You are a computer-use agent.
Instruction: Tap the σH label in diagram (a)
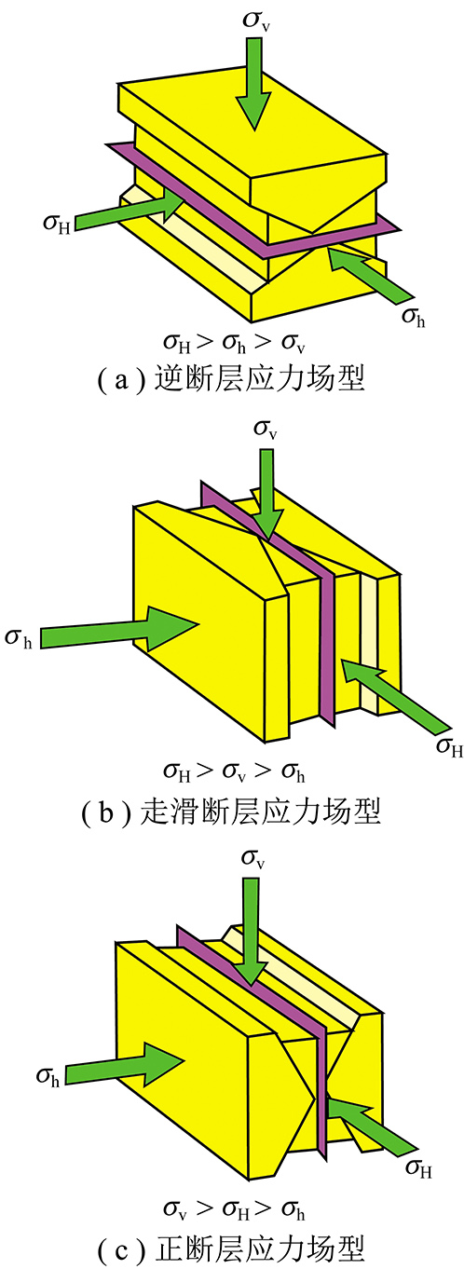[57, 224]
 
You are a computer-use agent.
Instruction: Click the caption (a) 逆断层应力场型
[231, 378]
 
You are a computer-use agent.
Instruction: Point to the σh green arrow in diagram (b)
[119, 627]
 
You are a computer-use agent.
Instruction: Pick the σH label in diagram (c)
[419, 1167]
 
